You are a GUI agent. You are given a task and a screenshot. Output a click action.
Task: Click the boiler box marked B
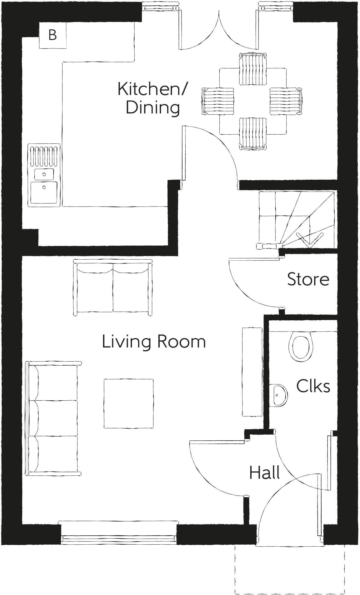click(52, 35)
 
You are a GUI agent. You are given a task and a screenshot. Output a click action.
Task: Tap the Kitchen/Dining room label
click(152, 98)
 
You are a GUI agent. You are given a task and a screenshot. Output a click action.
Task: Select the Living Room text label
click(154, 342)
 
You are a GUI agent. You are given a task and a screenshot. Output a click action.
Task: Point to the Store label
click(308, 279)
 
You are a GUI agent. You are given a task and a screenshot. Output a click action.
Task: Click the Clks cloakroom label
click(313, 386)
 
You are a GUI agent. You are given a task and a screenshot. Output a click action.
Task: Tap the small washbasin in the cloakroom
click(279, 395)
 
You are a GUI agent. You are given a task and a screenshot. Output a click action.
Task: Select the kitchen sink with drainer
click(44, 175)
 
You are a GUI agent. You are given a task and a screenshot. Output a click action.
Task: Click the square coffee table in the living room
click(129, 403)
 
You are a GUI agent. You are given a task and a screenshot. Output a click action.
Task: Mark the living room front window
click(119, 537)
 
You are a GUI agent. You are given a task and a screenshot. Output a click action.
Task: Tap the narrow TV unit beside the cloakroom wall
click(252, 372)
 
